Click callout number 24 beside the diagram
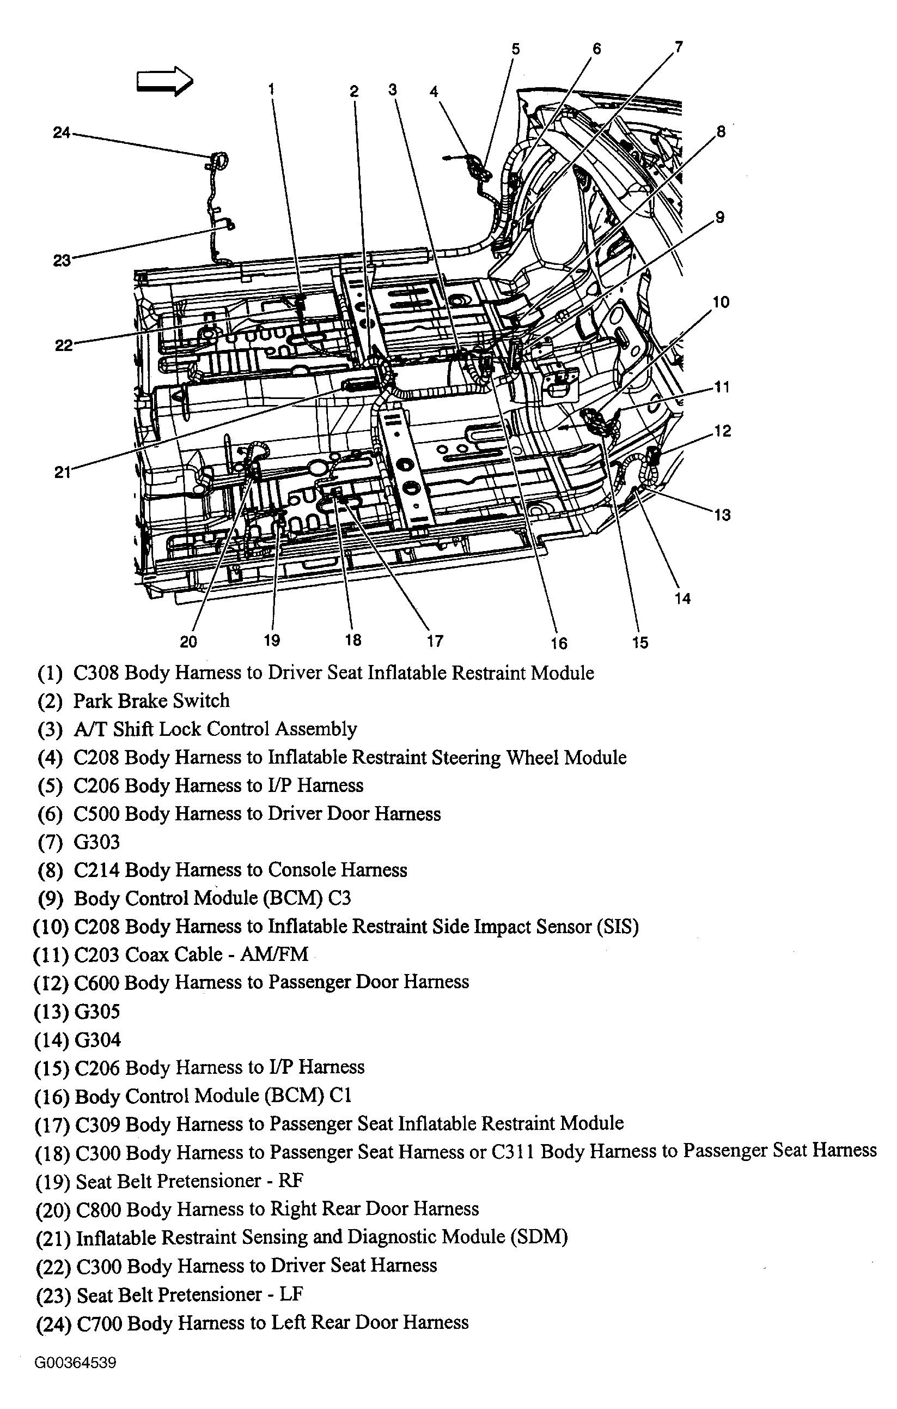tap(62, 133)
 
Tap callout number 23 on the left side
tap(62, 261)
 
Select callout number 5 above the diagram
tap(515, 49)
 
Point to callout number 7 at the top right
tap(678, 47)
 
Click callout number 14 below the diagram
tap(682, 598)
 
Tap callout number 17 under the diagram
tap(435, 642)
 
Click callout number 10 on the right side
tap(721, 302)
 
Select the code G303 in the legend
tap(96, 842)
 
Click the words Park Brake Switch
tap(151, 700)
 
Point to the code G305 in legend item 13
tap(97, 1011)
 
